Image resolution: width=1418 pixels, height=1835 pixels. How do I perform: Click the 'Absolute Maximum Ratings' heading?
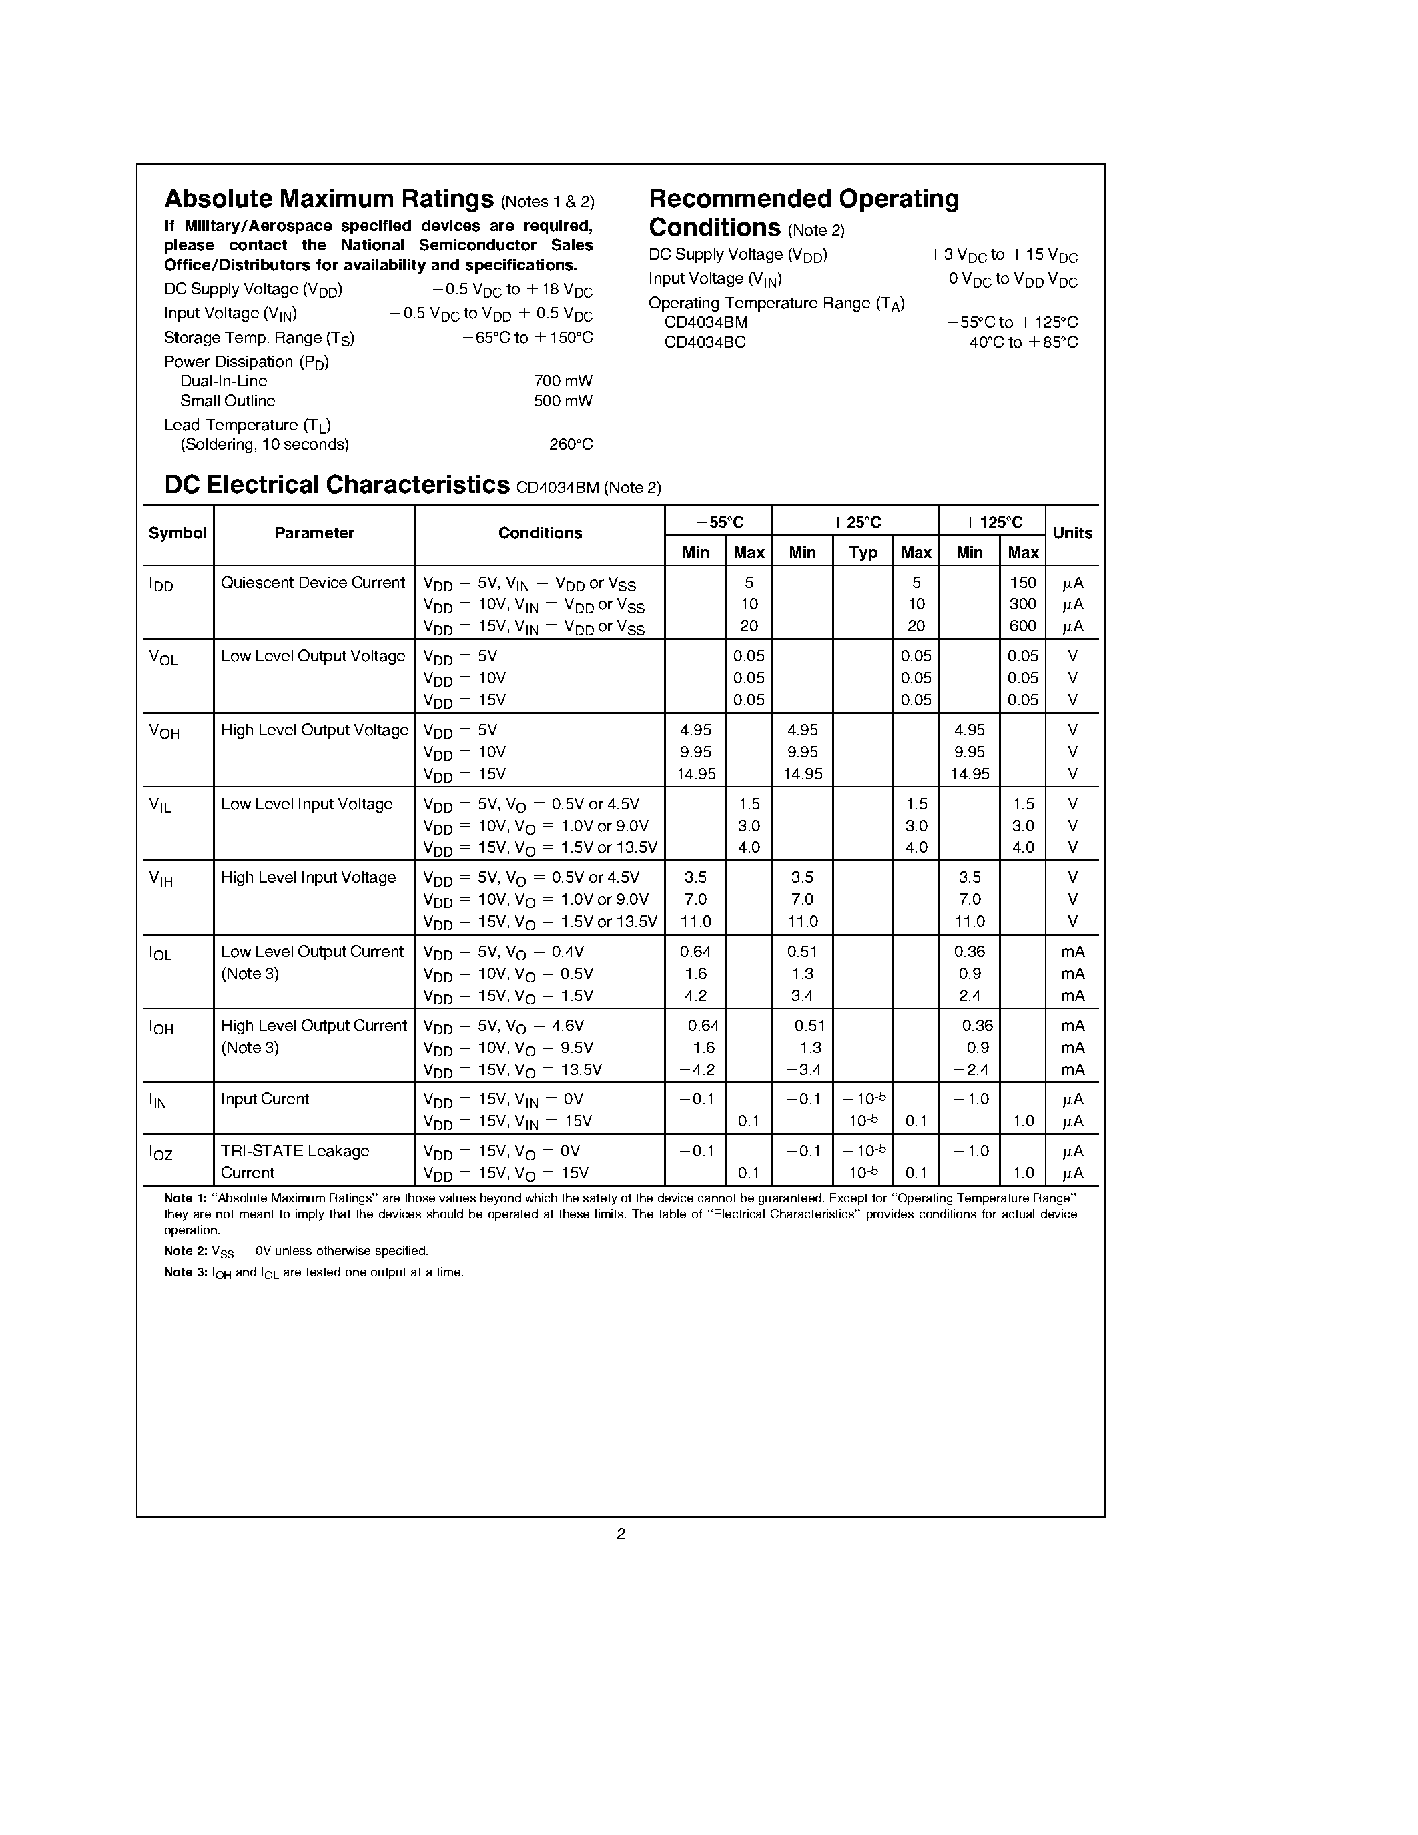tap(328, 199)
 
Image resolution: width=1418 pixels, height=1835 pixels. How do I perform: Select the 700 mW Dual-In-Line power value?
tap(563, 380)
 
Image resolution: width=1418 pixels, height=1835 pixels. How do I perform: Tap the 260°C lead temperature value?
tap(571, 444)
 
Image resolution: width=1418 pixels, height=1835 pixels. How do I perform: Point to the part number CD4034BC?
tap(704, 342)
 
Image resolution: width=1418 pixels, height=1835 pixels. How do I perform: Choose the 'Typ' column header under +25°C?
tap(863, 552)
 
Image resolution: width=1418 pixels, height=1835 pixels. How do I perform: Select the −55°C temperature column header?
tap(719, 522)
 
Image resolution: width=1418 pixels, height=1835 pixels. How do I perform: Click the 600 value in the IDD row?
tap(1022, 626)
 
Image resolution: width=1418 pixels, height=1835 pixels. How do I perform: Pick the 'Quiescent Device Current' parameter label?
tap(312, 583)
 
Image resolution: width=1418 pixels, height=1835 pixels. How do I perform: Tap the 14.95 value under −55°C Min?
tap(695, 774)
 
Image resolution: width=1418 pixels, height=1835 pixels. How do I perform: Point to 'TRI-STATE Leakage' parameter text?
tap(295, 1151)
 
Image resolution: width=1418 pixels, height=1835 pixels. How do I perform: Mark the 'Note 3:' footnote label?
tap(185, 1272)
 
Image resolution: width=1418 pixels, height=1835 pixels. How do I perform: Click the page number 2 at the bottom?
tap(621, 1534)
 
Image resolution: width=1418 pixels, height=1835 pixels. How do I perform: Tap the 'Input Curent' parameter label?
tap(265, 1099)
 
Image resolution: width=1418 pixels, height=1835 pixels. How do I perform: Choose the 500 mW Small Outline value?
tap(563, 401)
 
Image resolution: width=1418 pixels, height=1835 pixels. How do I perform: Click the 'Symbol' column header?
tap(178, 534)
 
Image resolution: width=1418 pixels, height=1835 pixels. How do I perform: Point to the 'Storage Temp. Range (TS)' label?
tap(259, 338)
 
